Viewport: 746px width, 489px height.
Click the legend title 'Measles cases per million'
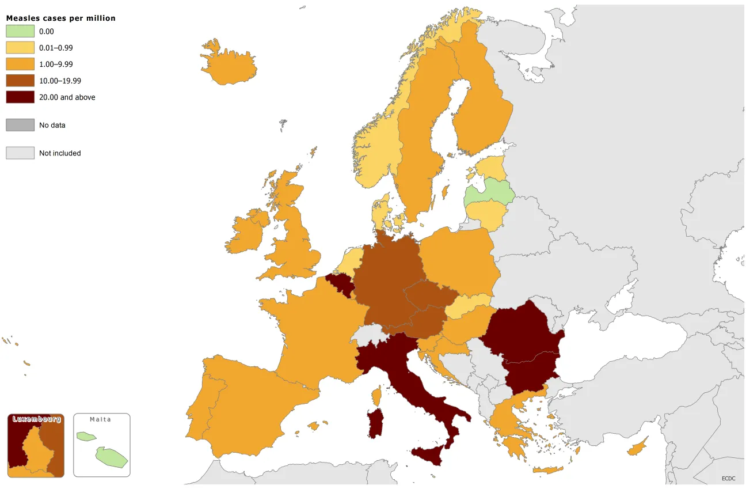click(60, 18)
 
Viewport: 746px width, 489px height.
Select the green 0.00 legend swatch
click(20, 32)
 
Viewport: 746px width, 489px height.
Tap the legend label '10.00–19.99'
click(60, 81)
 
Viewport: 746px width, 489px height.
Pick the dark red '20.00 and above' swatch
click(20, 97)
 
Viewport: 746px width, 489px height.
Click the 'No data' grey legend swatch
click(20, 125)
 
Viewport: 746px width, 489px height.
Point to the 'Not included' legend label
click(60, 153)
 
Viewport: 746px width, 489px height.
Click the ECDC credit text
click(729, 478)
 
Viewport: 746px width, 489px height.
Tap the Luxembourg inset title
click(36, 419)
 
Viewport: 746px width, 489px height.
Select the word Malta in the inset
click(101, 419)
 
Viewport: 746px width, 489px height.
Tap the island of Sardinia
click(375, 423)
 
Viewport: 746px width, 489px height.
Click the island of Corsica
click(378, 396)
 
